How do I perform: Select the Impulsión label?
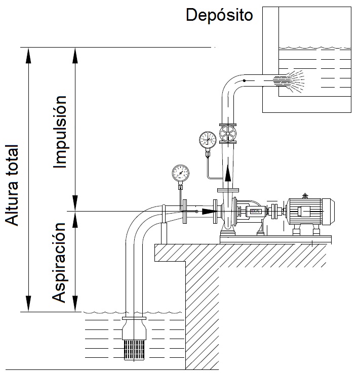[x=61, y=131]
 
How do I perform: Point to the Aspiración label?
[x=61, y=261]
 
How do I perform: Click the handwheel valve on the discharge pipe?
[x=228, y=134]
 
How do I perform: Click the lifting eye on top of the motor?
[x=304, y=195]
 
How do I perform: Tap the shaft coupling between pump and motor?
[x=273, y=211]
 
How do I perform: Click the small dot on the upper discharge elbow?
[x=244, y=80]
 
